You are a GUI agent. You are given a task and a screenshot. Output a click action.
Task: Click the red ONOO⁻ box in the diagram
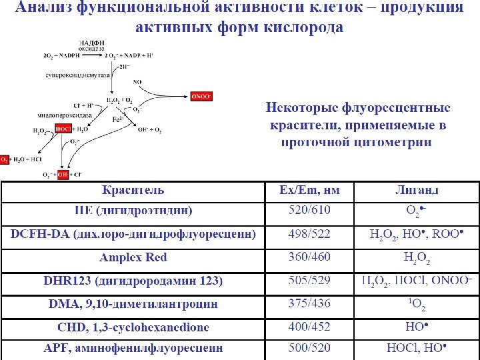point(201,96)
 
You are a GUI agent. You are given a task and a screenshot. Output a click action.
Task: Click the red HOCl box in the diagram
point(63,129)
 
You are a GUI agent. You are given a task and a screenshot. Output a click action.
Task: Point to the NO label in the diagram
point(137,82)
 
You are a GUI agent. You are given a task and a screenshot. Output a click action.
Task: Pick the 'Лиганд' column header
point(416,191)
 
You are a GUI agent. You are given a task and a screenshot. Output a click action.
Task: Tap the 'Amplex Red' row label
point(133,257)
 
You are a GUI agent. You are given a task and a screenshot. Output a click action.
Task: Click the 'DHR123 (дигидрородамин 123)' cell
point(133,281)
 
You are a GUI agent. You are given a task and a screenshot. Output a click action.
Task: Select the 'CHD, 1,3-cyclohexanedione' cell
point(133,327)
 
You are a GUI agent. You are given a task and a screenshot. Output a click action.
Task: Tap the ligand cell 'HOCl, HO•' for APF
point(416,348)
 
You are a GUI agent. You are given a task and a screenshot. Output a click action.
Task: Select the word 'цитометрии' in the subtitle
point(394,142)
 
